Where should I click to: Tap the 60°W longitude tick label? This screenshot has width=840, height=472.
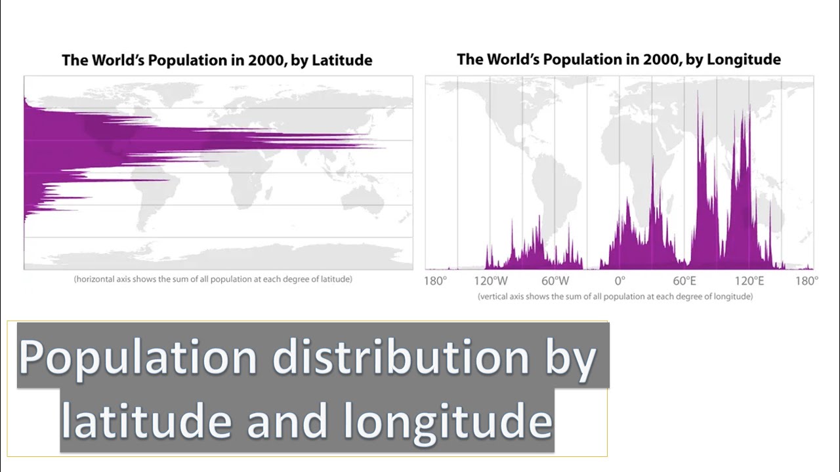pyautogui.click(x=555, y=281)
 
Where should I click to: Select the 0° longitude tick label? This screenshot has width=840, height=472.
pyautogui.click(x=619, y=281)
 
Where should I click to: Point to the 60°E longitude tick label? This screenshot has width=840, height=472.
pyautogui.click(x=684, y=281)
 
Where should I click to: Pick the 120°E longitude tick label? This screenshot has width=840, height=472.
pyautogui.click(x=749, y=281)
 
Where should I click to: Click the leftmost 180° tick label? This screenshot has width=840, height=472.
pyautogui.click(x=435, y=281)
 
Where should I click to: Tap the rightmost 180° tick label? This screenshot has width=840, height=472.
pyautogui.click(x=807, y=281)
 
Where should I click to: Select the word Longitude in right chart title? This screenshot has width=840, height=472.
pyautogui.click(x=746, y=60)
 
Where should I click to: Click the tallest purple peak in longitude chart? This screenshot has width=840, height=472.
pyautogui.click(x=698, y=92)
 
